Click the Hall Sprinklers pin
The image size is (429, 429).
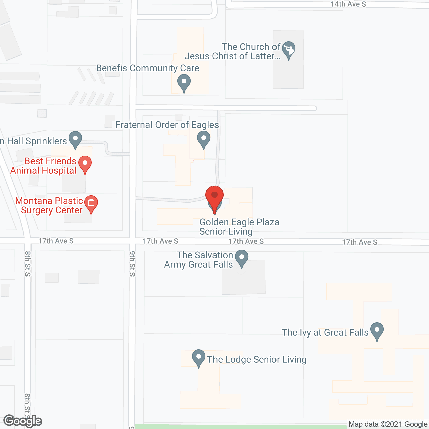click(75, 139)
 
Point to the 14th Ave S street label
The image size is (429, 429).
click(348, 4)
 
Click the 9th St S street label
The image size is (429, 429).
click(132, 264)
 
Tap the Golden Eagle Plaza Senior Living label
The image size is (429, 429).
click(239, 227)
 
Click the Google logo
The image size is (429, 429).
click(23, 421)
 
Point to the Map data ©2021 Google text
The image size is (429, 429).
click(388, 424)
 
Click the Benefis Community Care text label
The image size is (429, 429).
click(147, 68)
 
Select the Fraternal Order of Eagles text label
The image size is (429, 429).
click(167, 125)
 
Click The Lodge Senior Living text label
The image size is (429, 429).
click(257, 360)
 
